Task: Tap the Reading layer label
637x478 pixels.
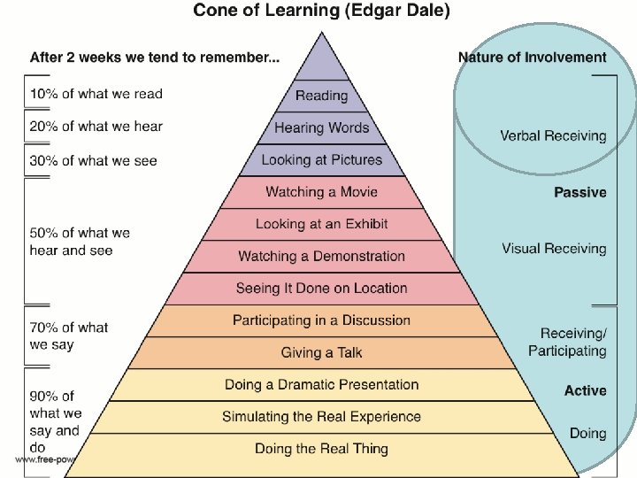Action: (x=321, y=96)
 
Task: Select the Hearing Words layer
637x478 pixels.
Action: (x=321, y=127)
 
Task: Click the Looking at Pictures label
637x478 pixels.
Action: (x=321, y=160)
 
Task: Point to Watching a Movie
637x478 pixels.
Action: (x=321, y=192)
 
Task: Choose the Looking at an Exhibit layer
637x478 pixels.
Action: (x=321, y=224)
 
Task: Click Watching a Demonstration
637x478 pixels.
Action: (x=321, y=257)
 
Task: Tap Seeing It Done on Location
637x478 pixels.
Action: (x=321, y=289)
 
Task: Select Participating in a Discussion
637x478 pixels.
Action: (x=321, y=320)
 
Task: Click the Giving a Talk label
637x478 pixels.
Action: (x=321, y=352)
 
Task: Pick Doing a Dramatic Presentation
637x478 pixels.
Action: (x=321, y=385)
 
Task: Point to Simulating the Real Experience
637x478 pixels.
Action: (x=321, y=417)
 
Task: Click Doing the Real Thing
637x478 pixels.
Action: (x=321, y=449)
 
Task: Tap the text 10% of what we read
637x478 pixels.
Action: (x=96, y=94)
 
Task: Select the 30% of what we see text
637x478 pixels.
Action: (x=93, y=160)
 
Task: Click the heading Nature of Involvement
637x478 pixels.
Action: (x=532, y=58)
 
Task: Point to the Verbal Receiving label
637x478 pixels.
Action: (x=553, y=136)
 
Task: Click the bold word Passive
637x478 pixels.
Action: (x=579, y=193)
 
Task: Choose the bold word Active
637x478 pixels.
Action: (x=585, y=391)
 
